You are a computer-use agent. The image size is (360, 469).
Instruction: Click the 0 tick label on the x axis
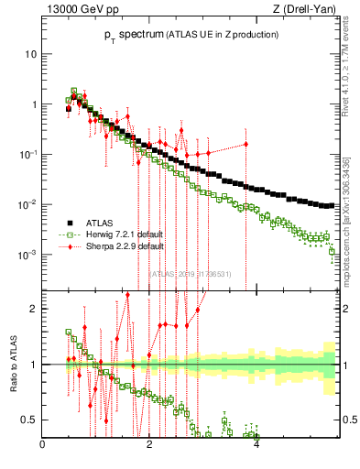pos(42,446)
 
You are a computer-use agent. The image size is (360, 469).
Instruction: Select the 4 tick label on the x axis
pos(256,446)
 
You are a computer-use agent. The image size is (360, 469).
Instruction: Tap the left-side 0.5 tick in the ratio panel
pos(30,420)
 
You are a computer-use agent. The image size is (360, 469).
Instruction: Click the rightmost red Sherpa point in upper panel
pos(245,144)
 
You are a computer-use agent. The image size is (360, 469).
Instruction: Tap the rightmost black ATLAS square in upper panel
pos(331,205)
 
